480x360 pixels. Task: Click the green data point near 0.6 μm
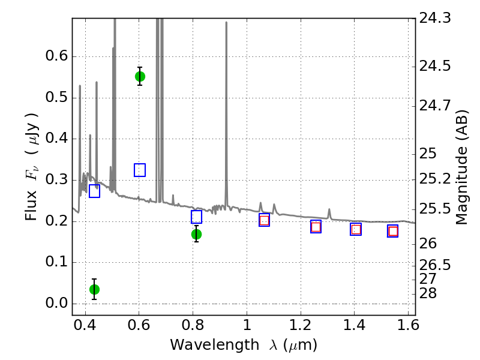[140, 77]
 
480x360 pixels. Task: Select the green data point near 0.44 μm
[94, 289]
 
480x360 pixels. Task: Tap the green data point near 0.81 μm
[196, 235]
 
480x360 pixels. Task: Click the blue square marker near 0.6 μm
[140, 170]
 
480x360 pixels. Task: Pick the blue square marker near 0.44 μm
[94, 191]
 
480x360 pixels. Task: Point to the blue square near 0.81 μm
[196, 217]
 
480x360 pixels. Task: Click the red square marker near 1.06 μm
[264, 220]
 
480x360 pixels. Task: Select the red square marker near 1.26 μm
[316, 227]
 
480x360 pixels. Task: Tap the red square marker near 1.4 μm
[356, 229]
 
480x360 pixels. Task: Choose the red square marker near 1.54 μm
[393, 231]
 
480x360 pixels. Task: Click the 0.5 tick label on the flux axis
[56, 98]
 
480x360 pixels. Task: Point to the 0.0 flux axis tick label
[56, 304]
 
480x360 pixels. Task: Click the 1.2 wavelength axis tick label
[301, 325]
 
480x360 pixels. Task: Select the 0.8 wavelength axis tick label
[193, 325]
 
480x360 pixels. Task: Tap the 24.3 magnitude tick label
[434, 18]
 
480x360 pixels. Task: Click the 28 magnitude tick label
[428, 293]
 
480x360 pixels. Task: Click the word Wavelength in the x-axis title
[215, 345]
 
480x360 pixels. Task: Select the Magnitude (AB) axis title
[462, 167]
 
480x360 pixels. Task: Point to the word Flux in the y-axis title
[31, 205]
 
